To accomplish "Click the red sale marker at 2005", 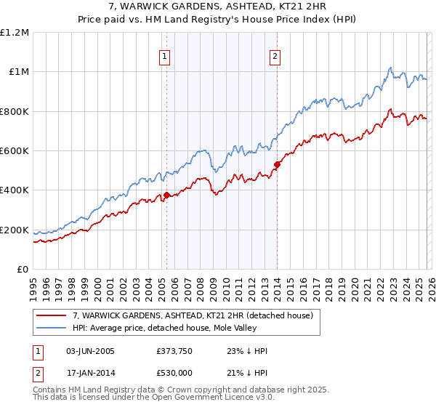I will click(166, 195).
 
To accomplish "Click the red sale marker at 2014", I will click(277, 164).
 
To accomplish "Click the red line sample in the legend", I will click(52, 315).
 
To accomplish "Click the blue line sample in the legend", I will click(52, 329).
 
